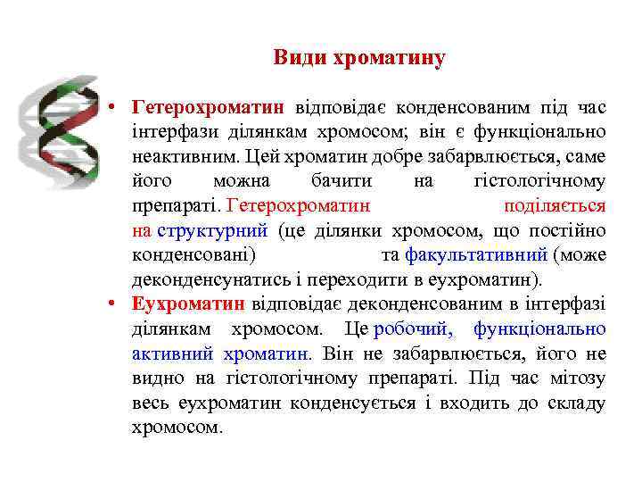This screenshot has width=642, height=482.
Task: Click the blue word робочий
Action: pyautogui.click(x=413, y=328)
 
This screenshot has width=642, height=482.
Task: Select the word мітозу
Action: pyautogui.click(x=574, y=378)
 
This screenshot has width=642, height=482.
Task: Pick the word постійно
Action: pyautogui.click(x=568, y=230)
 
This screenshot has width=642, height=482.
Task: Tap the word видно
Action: pyautogui.click(x=152, y=378)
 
